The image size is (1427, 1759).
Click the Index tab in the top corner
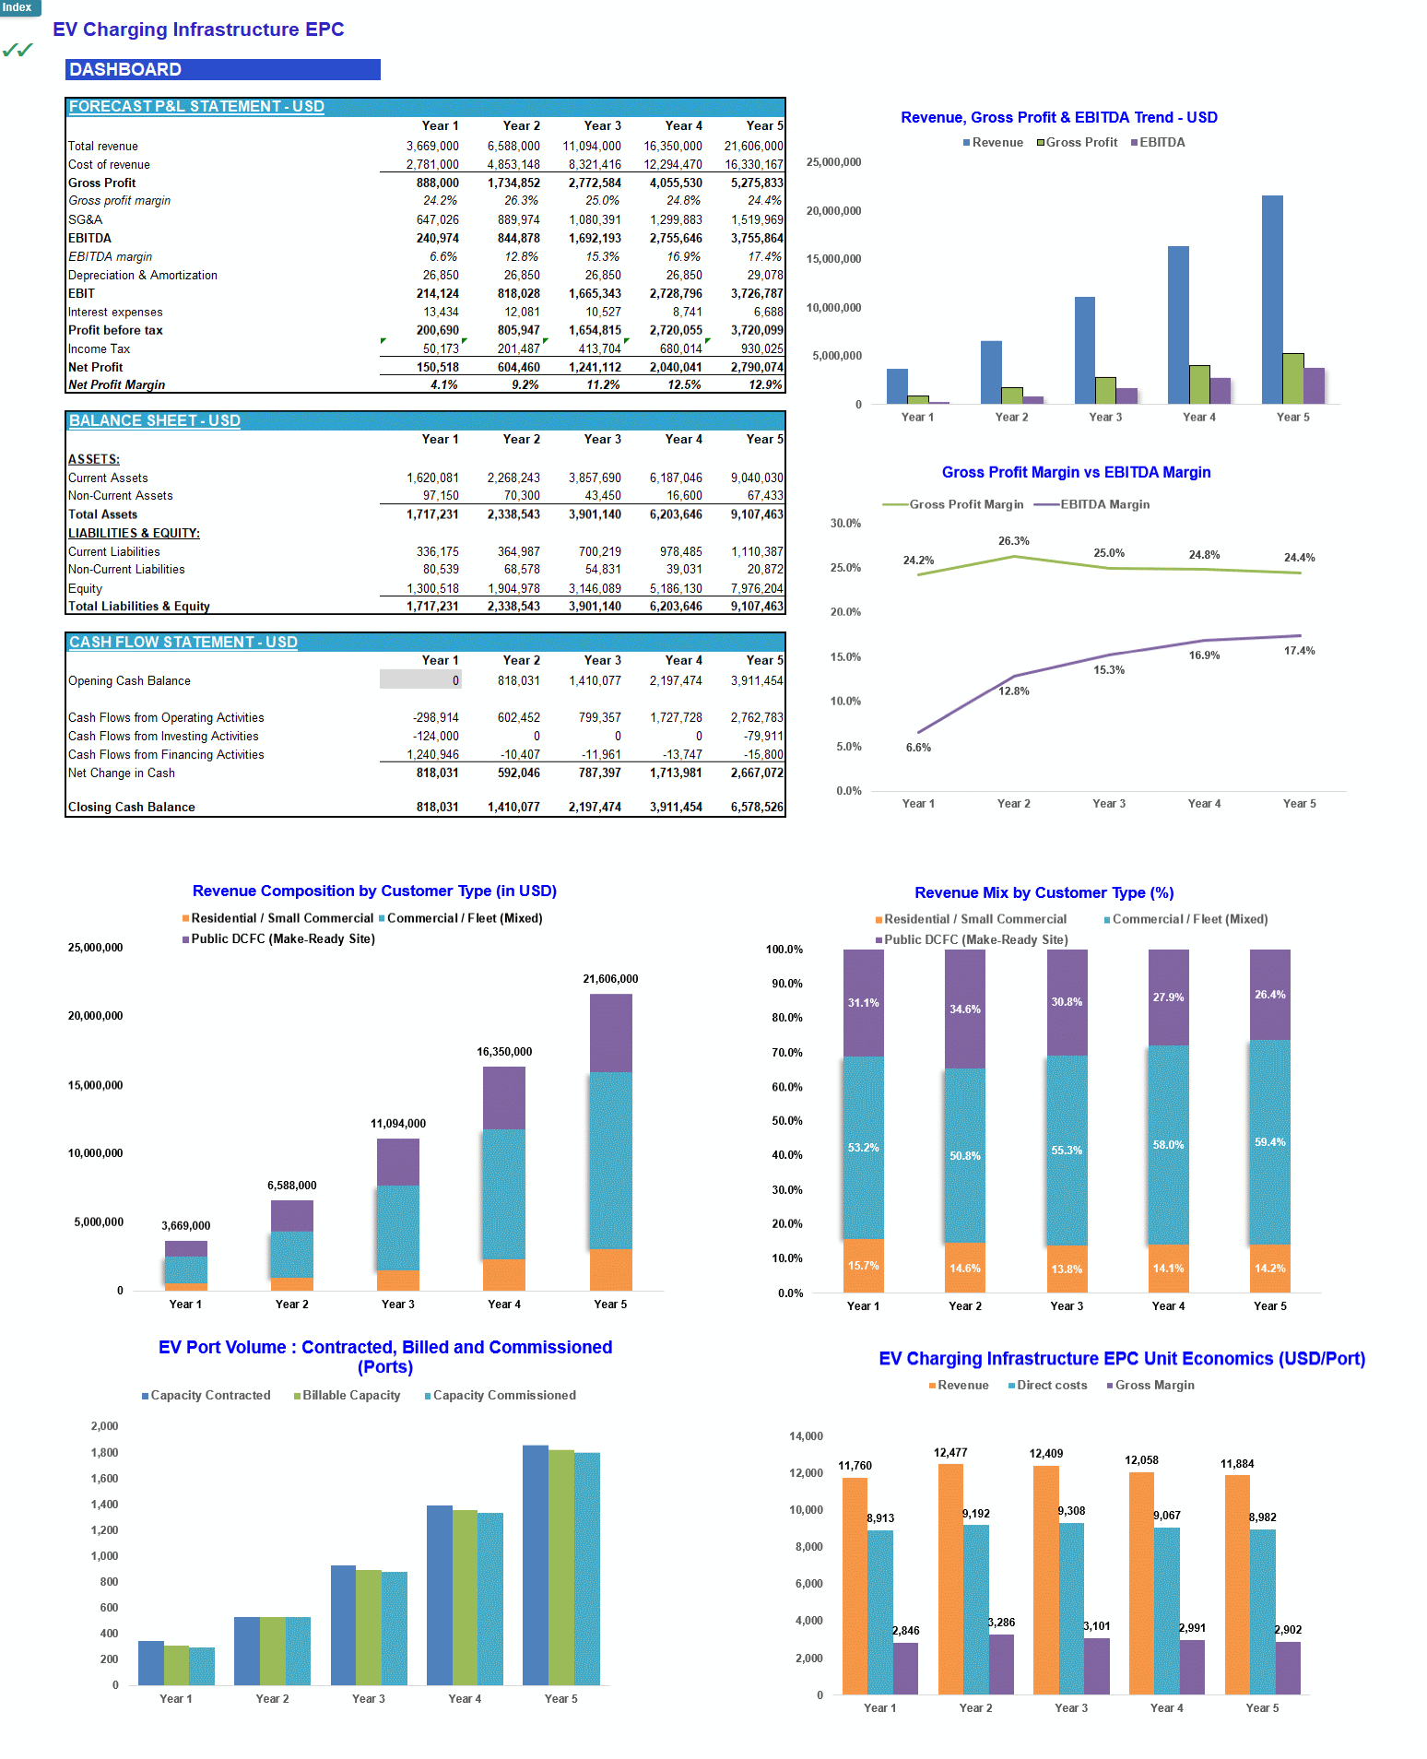[18, 7]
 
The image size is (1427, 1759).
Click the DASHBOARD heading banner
[222, 69]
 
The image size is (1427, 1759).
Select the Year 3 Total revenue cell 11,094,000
[592, 146]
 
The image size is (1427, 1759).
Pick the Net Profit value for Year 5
[756, 367]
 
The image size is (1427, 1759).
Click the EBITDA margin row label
[111, 256]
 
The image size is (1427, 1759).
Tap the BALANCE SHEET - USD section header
[155, 420]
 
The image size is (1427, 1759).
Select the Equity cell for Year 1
[432, 588]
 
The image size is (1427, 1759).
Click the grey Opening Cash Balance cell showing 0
[420, 680]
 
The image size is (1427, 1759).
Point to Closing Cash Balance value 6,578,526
[756, 807]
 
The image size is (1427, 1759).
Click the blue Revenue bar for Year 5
[1272, 300]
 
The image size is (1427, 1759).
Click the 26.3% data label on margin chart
[1013, 541]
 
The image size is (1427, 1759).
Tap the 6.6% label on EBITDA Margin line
[918, 748]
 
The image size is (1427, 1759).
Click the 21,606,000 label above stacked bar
[610, 979]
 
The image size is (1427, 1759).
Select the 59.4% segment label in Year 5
[1269, 1142]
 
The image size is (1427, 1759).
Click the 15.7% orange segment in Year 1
[863, 1266]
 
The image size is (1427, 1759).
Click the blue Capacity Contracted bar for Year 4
[439, 1594]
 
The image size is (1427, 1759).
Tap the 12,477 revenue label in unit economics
[950, 1453]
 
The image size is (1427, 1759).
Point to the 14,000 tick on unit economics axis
[806, 1436]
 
